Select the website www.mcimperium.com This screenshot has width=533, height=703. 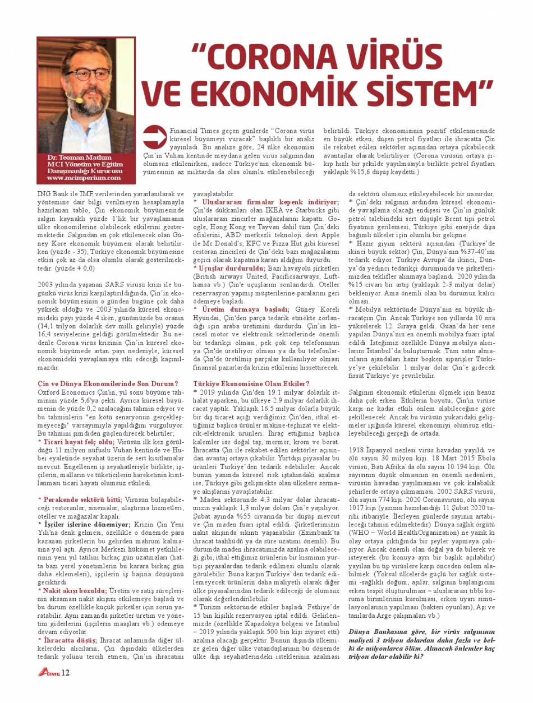[84, 178]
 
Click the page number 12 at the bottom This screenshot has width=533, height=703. [66, 672]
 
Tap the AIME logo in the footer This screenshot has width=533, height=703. [49, 673]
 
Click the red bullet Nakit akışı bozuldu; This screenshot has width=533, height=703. [72, 590]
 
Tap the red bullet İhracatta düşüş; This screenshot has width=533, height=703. [67, 640]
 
